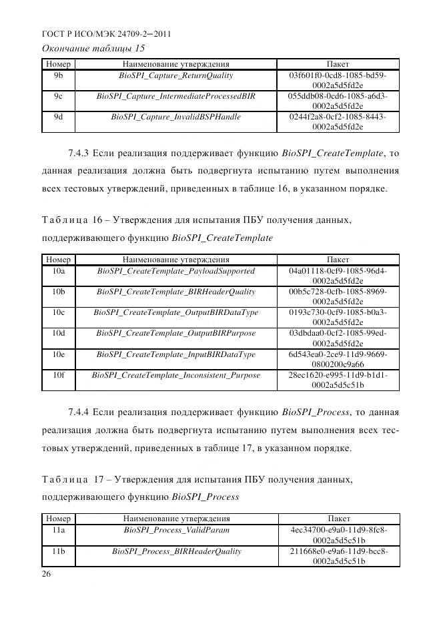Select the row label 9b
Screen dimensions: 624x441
tap(58, 75)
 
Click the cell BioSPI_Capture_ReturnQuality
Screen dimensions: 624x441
tap(176, 75)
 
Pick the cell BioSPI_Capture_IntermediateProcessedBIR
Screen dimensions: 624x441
tap(176, 96)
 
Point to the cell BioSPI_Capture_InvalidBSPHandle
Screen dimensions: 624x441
tap(176, 117)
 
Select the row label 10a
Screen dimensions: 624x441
tap(58, 271)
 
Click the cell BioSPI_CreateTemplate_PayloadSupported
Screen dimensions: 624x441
tap(176, 271)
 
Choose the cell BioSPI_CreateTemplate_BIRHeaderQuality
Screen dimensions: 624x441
tap(176, 292)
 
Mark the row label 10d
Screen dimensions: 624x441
tap(58, 333)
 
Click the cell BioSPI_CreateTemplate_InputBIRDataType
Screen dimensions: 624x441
tap(176, 354)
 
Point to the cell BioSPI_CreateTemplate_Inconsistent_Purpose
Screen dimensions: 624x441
tap(176, 375)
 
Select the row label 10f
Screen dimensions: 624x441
tap(58, 375)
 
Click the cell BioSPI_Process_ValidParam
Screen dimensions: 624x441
tap(176, 530)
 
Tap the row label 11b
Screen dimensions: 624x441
tap(58, 551)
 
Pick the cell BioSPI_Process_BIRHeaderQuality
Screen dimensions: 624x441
tap(176, 551)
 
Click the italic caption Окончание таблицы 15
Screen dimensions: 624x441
tap(93, 48)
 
